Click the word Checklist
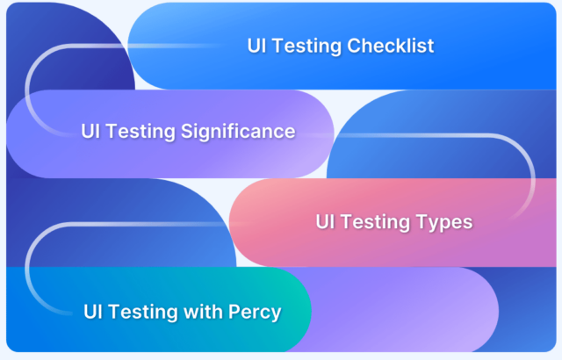[392, 46]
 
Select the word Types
[444, 221]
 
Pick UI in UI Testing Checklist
[257, 46]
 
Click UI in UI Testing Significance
[91, 132]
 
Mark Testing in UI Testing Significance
[141, 132]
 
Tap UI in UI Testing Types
[327, 221]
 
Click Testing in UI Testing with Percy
[145, 311]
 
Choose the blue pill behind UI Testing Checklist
[492, 46]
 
